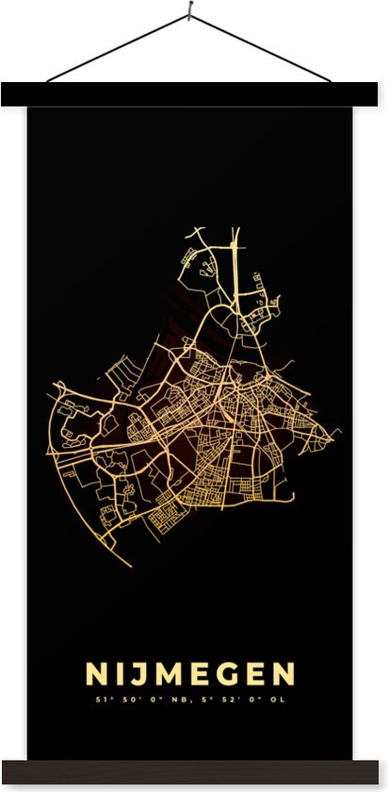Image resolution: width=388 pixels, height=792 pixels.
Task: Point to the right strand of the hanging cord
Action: click(264, 49)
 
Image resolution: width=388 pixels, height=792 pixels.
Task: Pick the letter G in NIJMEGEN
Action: click(224, 673)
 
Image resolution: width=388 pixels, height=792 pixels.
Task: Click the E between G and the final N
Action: click(252, 673)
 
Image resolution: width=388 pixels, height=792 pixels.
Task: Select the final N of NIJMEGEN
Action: click(282, 673)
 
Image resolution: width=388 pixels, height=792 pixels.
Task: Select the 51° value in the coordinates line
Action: click(102, 700)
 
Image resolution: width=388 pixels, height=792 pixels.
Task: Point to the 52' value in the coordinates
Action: click(233, 700)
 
